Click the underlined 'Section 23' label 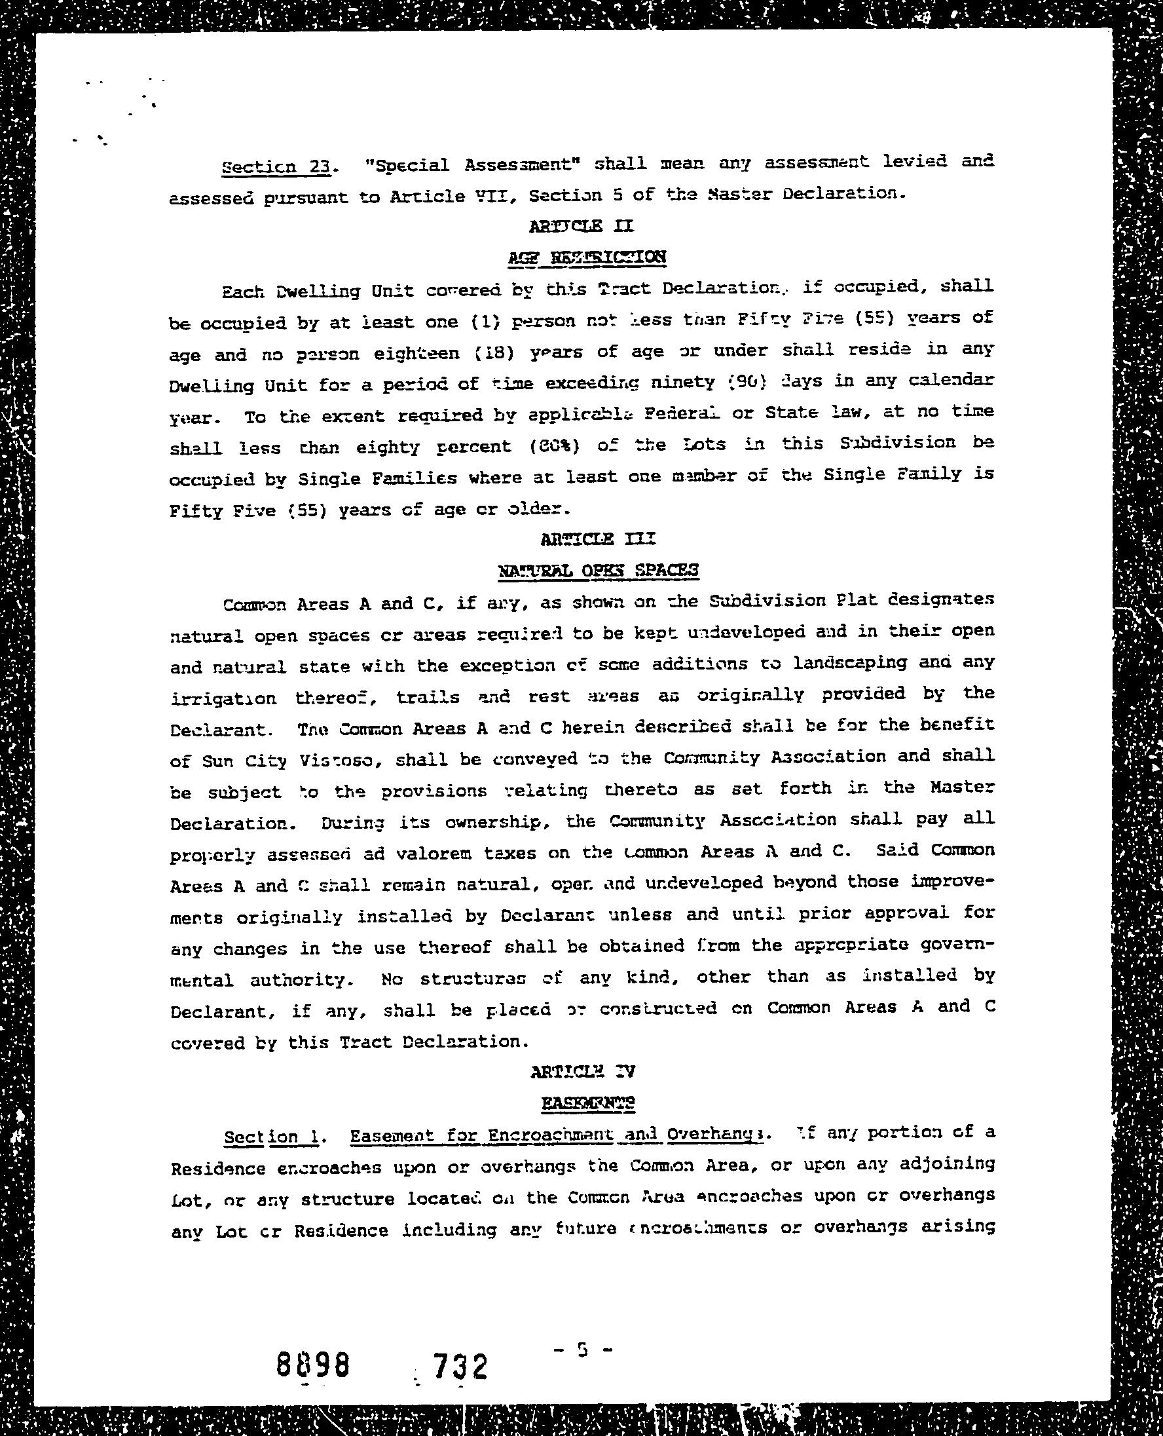point(274,165)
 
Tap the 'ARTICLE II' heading point(580,226)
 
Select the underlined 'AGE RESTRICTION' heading point(587,257)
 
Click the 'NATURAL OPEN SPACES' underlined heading point(599,570)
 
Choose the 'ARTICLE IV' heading point(582,1071)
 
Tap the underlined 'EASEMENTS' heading point(587,1103)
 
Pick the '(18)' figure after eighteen point(494,351)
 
